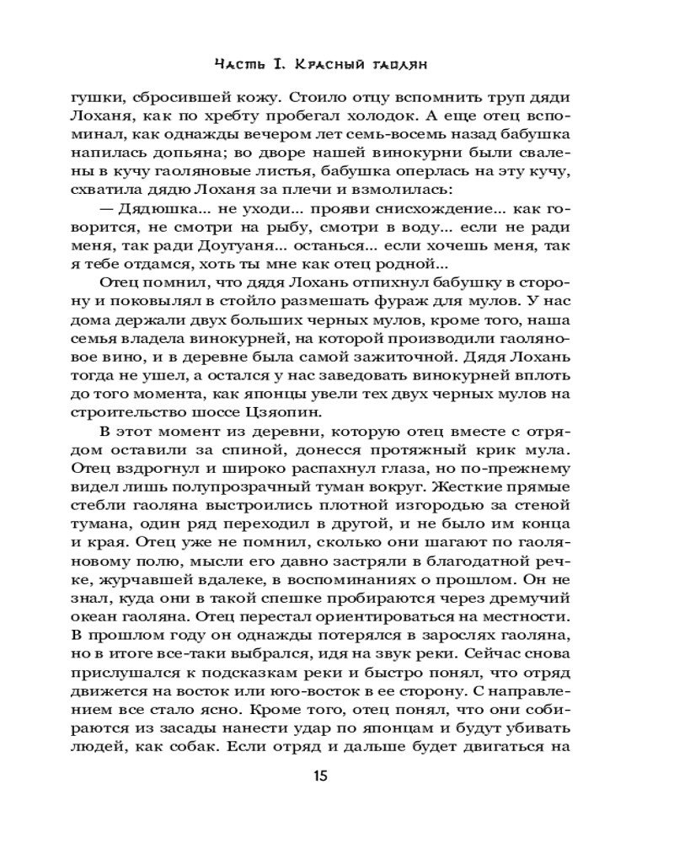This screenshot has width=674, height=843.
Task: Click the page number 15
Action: tap(337, 776)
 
